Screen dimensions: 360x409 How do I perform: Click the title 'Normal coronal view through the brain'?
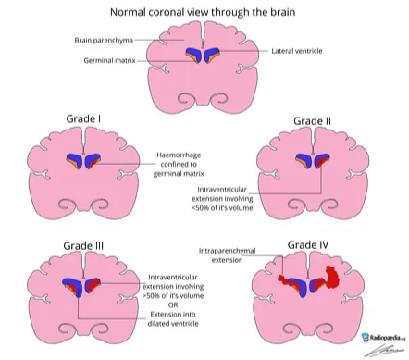coord(204,12)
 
